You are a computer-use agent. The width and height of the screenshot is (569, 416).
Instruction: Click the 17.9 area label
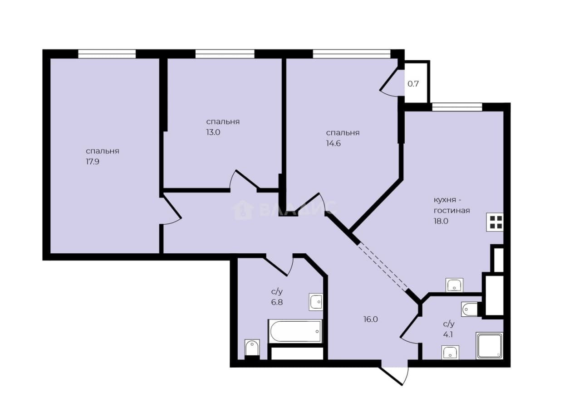pyautogui.click(x=93, y=162)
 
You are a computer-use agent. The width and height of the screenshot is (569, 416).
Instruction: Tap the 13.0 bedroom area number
pyautogui.click(x=213, y=132)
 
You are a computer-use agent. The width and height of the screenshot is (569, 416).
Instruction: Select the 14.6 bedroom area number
pyautogui.click(x=333, y=144)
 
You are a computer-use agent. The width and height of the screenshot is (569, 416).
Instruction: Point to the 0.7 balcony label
pyautogui.click(x=413, y=84)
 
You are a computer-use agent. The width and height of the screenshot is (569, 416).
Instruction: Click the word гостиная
pyautogui.click(x=451, y=211)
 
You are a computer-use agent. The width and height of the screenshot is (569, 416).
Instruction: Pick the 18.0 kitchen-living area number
pyautogui.click(x=441, y=221)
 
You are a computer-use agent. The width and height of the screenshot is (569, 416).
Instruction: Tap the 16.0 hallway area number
pyautogui.click(x=371, y=319)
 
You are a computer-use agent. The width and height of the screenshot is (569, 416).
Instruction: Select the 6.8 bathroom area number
pyautogui.click(x=277, y=302)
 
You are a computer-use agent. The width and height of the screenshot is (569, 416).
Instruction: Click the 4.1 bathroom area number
pyautogui.click(x=448, y=335)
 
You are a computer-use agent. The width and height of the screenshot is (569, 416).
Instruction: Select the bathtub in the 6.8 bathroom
pyautogui.click(x=295, y=331)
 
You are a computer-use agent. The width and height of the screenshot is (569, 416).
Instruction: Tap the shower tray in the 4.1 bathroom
pyautogui.click(x=490, y=346)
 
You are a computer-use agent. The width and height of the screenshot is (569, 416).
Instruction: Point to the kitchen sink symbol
pyautogui.click(x=455, y=285)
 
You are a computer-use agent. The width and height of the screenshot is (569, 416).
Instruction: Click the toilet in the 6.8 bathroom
pyautogui.click(x=252, y=347)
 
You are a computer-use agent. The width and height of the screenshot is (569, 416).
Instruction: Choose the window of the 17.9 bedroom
pyautogui.click(x=107, y=54)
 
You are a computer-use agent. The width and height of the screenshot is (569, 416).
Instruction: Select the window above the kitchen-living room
pyautogui.click(x=457, y=107)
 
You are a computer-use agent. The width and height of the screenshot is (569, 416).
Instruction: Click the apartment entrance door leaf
pyautogui.click(x=392, y=377)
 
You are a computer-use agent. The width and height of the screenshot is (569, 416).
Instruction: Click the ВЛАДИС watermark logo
pyautogui.click(x=284, y=210)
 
